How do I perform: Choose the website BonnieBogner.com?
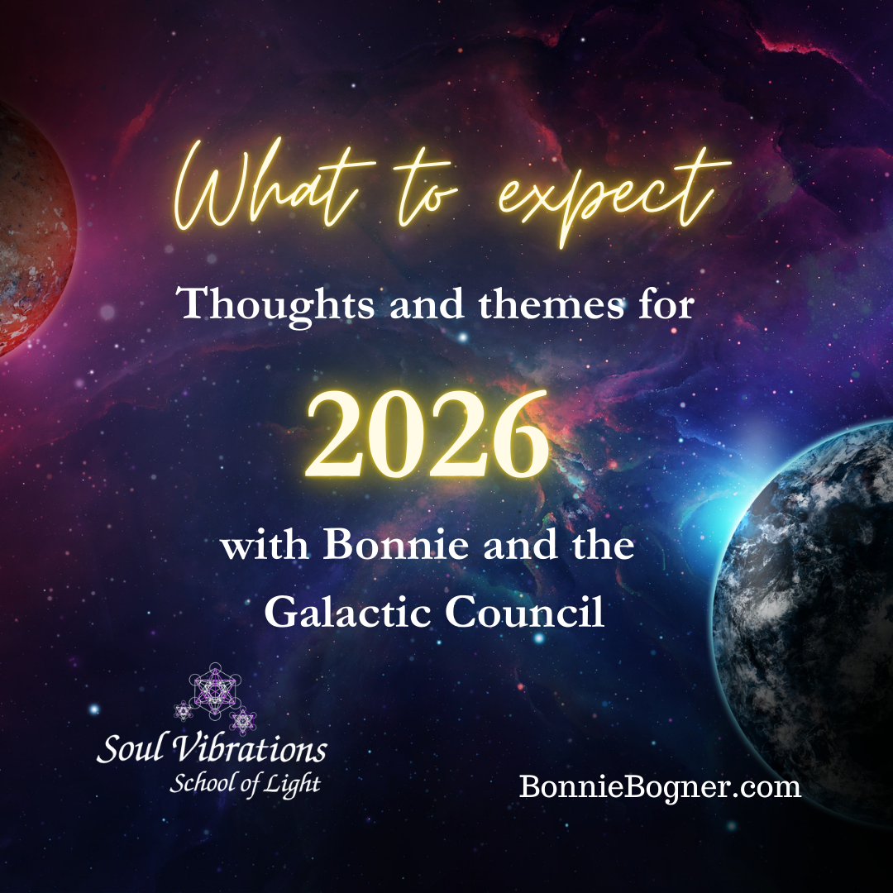pyautogui.click(x=660, y=786)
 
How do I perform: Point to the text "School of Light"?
pyautogui.click(x=245, y=782)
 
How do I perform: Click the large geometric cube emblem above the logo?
pyautogui.click(x=214, y=689)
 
